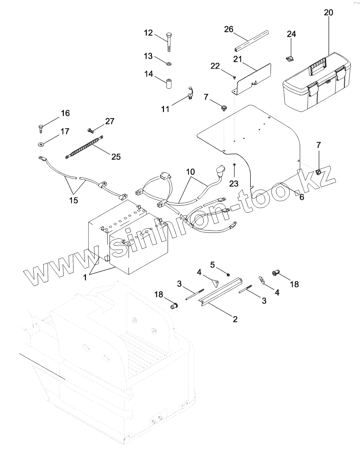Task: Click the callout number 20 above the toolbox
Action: pyautogui.click(x=328, y=12)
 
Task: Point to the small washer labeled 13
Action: pyautogui.click(x=169, y=64)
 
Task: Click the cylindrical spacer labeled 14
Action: pyautogui.click(x=169, y=83)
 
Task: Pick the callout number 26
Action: pyautogui.click(x=229, y=29)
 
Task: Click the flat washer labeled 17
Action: pyautogui.click(x=40, y=144)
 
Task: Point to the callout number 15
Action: pyautogui.click(x=73, y=200)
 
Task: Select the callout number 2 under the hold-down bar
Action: pyautogui.click(x=235, y=319)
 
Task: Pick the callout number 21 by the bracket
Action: pyautogui.click(x=238, y=59)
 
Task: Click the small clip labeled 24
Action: pyautogui.click(x=290, y=58)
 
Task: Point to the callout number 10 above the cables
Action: pyautogui.click(x=191, y=171)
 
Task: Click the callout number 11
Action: pyautogui.click(x=165, y=108)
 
